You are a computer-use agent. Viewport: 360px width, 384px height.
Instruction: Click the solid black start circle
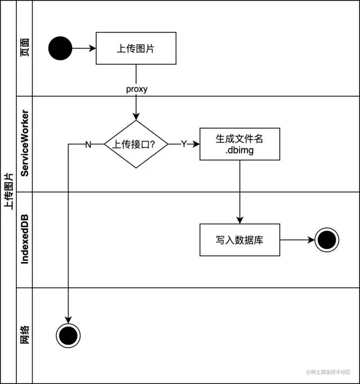coord(60,48)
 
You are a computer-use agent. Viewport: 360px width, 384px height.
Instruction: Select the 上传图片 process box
coord(136,48)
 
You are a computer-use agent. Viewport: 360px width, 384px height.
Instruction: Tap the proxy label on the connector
coord(137,89)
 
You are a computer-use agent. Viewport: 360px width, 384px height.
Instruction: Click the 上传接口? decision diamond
coord(136,144)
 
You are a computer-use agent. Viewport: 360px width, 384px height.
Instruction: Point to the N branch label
coord(88,144)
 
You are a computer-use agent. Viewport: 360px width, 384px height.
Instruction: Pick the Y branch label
coord(184,144)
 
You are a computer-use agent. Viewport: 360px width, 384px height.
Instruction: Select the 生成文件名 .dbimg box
coord(240,144)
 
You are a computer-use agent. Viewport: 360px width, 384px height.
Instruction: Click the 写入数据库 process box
coord(240,240)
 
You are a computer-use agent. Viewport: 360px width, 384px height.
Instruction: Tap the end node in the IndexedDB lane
coord(327,240)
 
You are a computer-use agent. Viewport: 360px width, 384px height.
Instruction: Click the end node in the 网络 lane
coord(68,336)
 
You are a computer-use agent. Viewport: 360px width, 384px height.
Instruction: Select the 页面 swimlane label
coord(25,47)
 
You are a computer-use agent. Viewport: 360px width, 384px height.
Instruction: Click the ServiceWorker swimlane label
coord(25,143)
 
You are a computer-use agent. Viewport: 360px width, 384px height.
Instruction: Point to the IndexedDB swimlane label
coord(25,240)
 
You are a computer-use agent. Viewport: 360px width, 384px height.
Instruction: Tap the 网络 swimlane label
coord(25,335)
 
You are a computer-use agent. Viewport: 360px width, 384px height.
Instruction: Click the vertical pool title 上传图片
coord(8,191)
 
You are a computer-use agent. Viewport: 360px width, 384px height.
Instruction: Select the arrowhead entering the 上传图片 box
coord(92,48)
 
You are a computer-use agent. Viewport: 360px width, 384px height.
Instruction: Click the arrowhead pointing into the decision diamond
coord(136,116)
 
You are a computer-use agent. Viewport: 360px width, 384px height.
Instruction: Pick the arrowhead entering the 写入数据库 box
coord(240,220)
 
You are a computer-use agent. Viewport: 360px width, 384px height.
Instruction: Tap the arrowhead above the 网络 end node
coord(68,320)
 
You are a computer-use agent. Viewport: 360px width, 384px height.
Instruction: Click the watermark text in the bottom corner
coord(328,372)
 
